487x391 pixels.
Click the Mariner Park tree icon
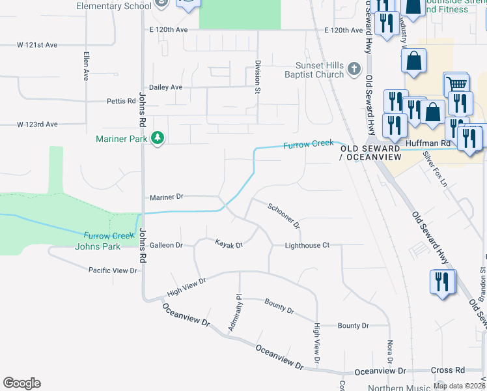[157, 138]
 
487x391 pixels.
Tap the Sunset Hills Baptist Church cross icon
[354, 69]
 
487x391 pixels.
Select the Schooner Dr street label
[284, 216]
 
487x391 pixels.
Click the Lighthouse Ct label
[307, 245]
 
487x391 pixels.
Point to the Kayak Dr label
[229, 244]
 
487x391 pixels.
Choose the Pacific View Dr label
[113, 270]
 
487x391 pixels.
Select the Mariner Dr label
[167, 196]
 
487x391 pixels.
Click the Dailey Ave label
[166, 87]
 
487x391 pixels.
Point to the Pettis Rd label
[121, 101]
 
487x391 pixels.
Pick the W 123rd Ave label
[38, 124]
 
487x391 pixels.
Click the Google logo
[21, 383]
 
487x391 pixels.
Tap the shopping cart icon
[456, 84]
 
